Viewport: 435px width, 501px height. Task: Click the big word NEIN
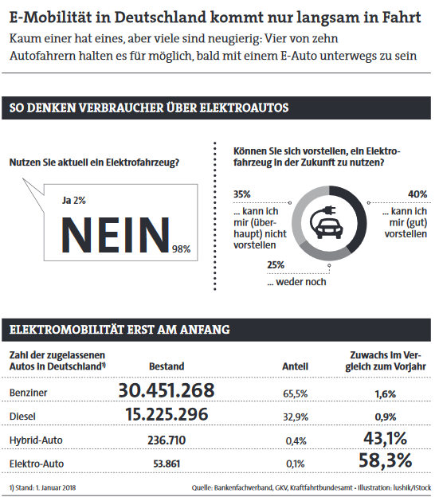116,235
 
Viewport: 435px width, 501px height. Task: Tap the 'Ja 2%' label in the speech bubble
74,201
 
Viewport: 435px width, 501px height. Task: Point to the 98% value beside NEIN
181,249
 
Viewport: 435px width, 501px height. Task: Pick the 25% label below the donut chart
276,265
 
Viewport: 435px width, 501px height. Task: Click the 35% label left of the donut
242,194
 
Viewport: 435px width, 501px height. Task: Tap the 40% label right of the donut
417,194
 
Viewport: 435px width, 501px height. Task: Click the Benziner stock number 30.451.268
167,390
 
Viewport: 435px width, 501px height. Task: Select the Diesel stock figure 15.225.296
167,414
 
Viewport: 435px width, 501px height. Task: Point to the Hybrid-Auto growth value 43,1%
385,438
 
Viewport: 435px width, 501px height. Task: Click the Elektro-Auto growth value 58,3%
385,460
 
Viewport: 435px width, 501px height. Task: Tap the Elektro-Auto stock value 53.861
167,464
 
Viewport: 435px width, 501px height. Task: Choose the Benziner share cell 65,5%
296,393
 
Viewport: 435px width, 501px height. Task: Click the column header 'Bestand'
167,366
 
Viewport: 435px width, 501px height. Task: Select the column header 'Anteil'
296,366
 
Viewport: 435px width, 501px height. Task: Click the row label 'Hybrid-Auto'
36,440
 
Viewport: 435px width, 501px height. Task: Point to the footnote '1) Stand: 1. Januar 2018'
42,487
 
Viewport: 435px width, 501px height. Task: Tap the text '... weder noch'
296,282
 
